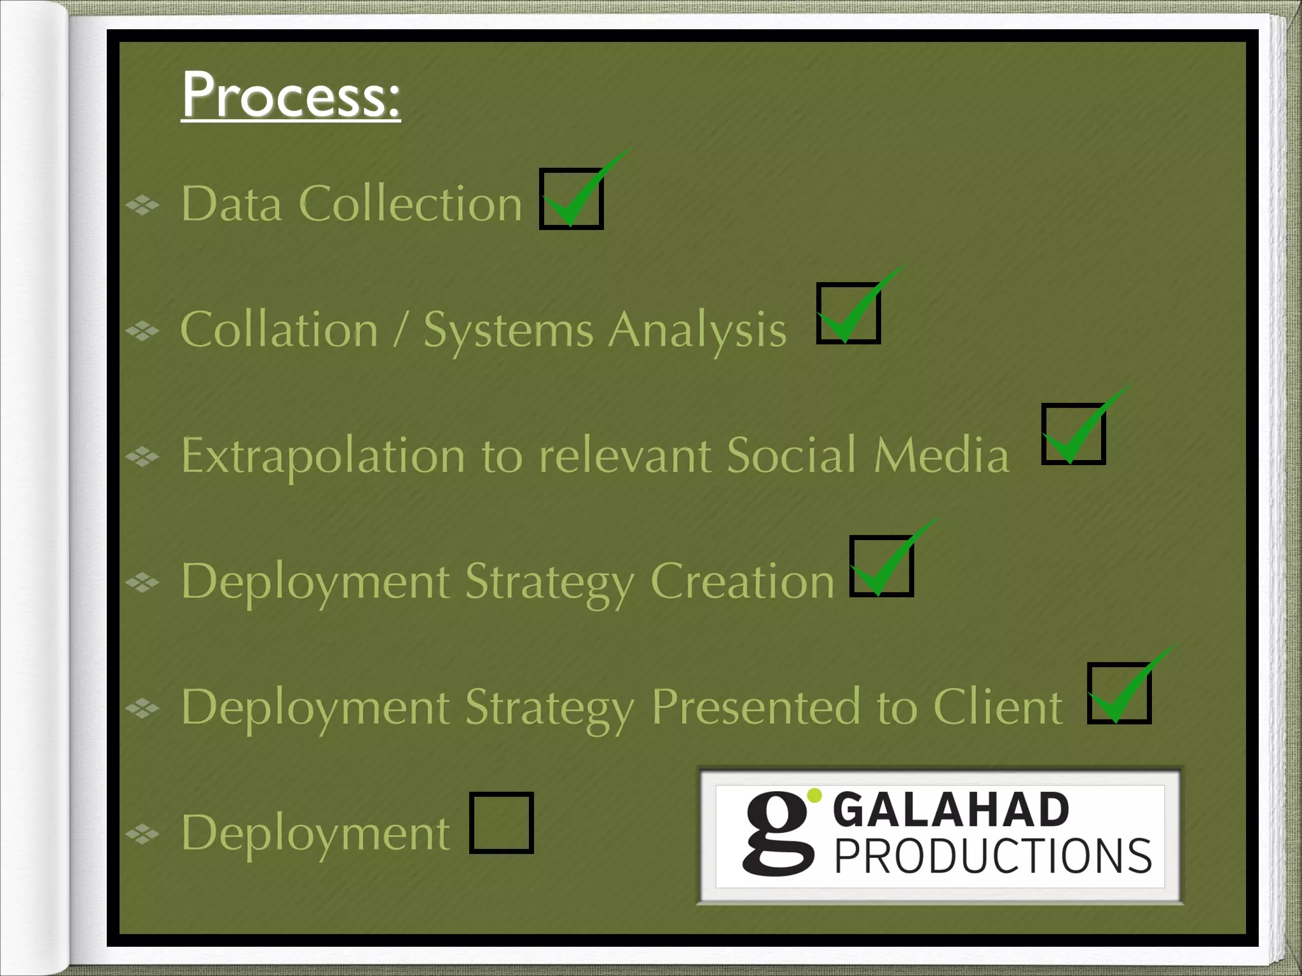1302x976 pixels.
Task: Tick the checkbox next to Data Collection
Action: tap(571, 198)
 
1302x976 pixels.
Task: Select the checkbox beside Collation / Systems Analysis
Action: tap(848, 313)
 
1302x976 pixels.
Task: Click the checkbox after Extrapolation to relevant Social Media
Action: tap(1073, 434)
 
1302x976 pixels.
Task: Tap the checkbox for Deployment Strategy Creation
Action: tap(881, 566)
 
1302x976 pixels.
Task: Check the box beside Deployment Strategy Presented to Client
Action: tap(1119, 693)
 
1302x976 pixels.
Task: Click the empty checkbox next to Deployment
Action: tap(501, 823)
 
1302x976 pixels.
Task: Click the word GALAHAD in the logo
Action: tap(950, 810)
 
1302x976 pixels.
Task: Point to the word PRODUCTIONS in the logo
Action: tap(992, 857)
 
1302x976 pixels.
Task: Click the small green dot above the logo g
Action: tap(814, 796)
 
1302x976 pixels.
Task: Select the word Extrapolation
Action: tap(323, 456)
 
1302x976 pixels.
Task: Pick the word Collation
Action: tap(279, 330)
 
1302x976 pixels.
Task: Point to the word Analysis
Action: tap(697, 331)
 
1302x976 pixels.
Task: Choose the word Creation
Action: tap(742, 581)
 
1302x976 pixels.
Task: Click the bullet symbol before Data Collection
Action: tap(142, 205)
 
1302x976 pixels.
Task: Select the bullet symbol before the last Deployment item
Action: tap(142, 833)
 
